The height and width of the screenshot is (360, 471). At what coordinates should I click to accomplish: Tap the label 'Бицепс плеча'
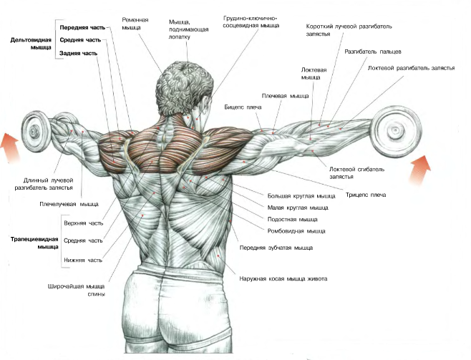click(x=243, y=107)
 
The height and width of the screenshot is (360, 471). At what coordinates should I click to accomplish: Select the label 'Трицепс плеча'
click(x=366, y=195)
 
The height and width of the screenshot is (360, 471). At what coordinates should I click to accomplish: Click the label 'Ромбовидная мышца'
click(x=296, y=231)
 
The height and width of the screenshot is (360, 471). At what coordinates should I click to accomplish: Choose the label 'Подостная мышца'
click(x=293, y=219)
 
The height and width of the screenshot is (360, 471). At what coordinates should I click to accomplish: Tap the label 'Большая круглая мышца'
click(x=301, y=195)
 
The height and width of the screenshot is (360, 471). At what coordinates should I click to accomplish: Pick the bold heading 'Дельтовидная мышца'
click(x=31, y=44)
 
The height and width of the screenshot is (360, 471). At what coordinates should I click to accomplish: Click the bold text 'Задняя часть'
click(x=79, y=53)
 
